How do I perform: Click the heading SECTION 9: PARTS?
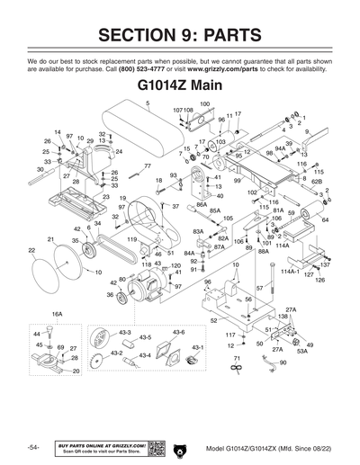tap(180, 35)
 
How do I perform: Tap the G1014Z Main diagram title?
tap(180, 87)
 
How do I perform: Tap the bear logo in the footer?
tap(177, 448)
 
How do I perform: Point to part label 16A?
tap(57, 314)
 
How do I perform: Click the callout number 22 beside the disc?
tap(31, 249)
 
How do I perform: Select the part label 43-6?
tap(178, 331)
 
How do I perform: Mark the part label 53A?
tap(301, 352)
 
